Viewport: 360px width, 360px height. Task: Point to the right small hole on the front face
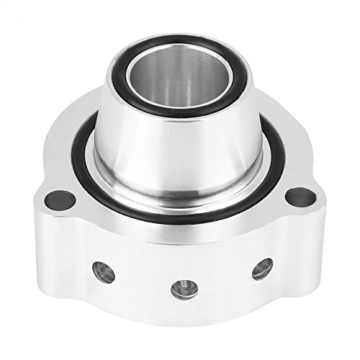262,269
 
